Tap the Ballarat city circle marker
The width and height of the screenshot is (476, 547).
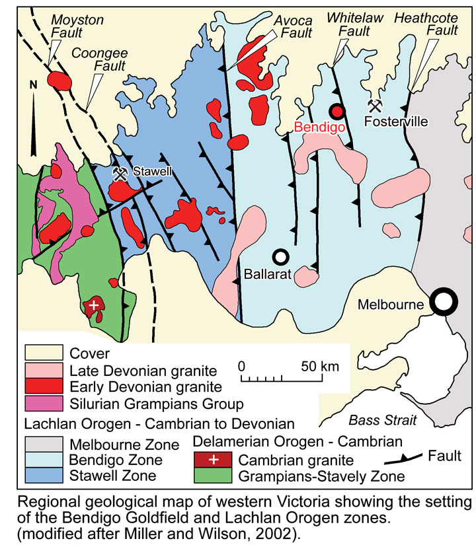[x=281, y=256]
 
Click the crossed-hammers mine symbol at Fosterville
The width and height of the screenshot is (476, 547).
[x=375, y=105]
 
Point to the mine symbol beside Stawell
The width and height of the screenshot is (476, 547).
[x=120, y=174]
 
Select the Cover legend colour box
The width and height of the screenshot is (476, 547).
[x=43, y=354]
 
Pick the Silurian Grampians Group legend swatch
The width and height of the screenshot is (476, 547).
[x=43, y=402]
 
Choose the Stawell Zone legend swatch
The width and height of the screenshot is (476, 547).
[x=43, y=474]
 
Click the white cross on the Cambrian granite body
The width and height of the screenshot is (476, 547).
[x=94, y=305]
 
